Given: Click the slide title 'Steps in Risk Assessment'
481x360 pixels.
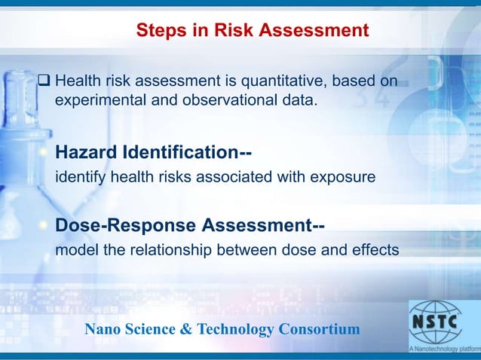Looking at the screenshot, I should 252,31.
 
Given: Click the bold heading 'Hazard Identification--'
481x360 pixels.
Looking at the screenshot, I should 154,153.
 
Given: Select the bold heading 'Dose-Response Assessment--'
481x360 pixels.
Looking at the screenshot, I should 190,225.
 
